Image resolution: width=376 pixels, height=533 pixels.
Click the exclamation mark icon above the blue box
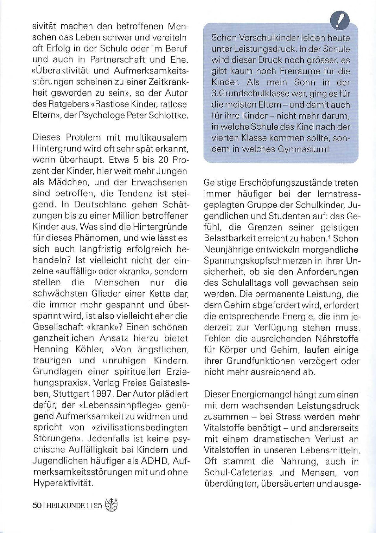[x=340, y=20]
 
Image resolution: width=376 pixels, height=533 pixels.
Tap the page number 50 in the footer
[x=37, y=505]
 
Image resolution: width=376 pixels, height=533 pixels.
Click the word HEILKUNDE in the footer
[x=65, y=506]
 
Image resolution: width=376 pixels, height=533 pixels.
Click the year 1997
[x=101, y=394]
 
